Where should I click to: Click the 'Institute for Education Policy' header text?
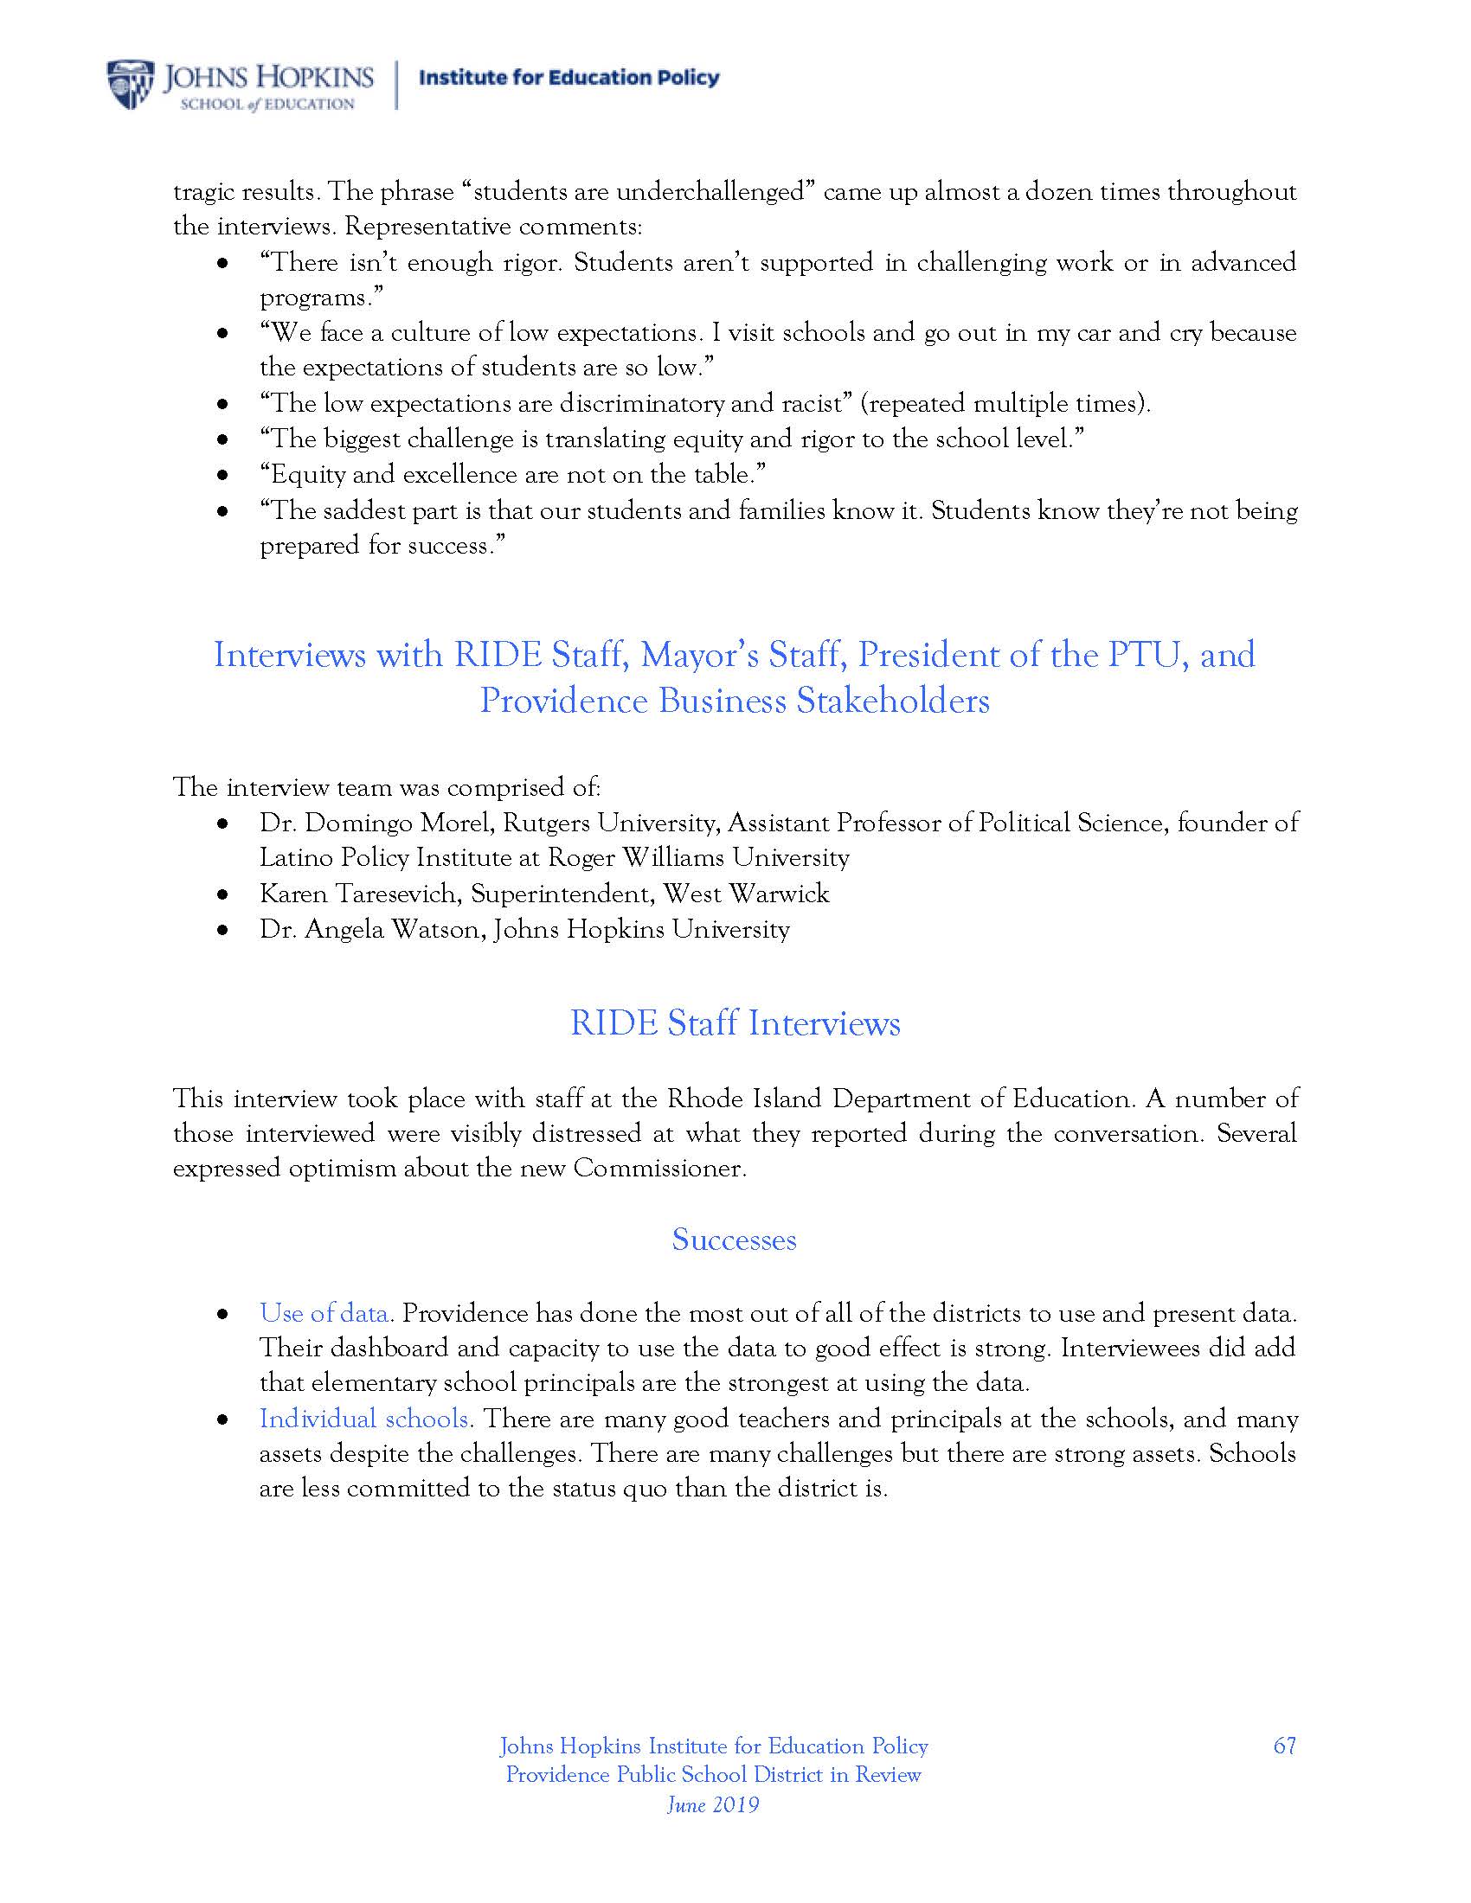[569, 78]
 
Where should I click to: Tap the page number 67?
[1283, 1746]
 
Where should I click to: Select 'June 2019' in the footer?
[713, 1804]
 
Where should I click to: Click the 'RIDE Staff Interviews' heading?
[735, 1023]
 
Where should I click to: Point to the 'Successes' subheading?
[734, 1239]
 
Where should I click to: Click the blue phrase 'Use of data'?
[324, 1313]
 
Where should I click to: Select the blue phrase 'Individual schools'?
[364, 1419]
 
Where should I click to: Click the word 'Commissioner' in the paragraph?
[657, 1168]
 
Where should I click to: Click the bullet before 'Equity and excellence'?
[223, 476]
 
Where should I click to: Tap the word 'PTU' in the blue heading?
[1147, 656]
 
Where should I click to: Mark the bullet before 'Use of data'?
[223, 1314]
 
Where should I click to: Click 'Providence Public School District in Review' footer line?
[713, 1774]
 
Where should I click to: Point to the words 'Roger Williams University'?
[698, 857]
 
